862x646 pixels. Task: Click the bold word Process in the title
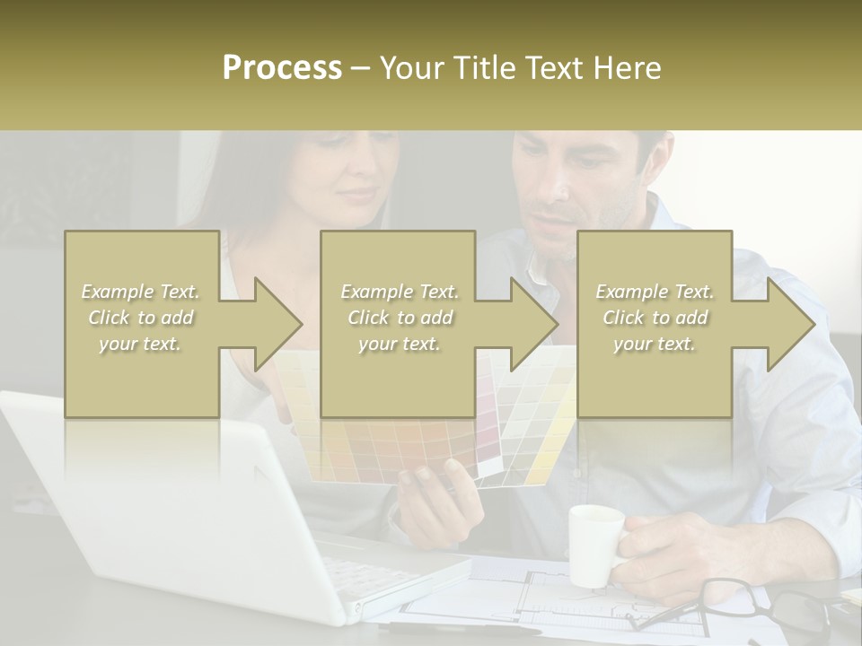click(282, 68)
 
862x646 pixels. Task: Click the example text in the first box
click(141, 318)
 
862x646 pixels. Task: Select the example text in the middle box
click(400, 318)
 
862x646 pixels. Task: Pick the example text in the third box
click(655, 318)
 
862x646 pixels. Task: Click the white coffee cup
click(594, 544)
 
